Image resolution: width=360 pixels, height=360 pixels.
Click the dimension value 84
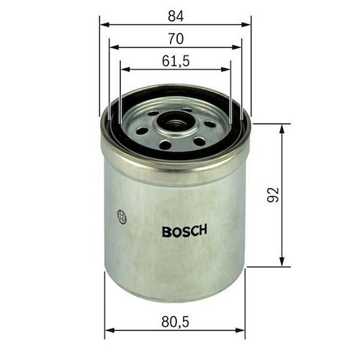pos(176,16)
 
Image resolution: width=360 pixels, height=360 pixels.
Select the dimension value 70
pos(176,39)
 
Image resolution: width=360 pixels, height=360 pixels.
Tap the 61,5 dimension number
pos(176,61)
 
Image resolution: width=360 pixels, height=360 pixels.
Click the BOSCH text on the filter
pos(184,231)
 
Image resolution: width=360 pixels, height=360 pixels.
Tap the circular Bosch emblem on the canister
pos(122,217)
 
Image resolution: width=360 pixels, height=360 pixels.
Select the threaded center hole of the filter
pos(175,124)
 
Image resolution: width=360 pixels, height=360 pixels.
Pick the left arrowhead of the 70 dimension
pos(114,47)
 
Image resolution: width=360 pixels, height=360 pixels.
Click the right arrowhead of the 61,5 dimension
pos(225,69)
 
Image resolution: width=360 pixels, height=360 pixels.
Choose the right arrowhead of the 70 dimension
pos(237,47)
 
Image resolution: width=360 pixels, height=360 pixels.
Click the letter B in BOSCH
pos(167,232)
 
